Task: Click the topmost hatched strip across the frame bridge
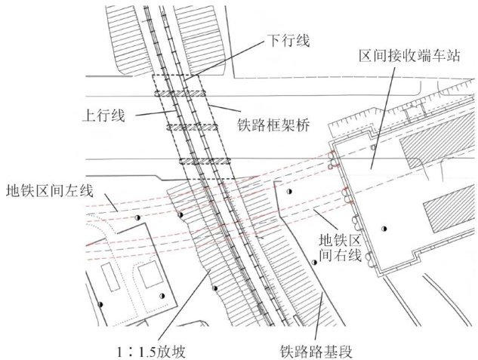pyautogui.click(x=182, y=94)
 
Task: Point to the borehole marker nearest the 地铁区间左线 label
pyautogui.click(x=137, y=217)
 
